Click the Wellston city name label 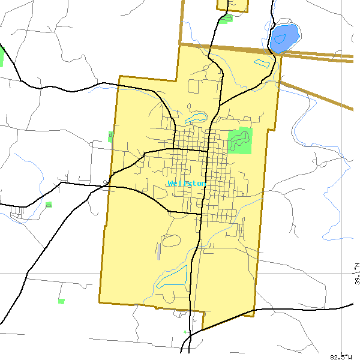(x=187, y=184)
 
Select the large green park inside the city (x=241, y=140)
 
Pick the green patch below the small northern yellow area (x=226, y=19)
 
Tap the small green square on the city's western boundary (x=111, y=136)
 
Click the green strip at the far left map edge (x=2, y=56)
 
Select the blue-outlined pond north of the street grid (x=196, y=118)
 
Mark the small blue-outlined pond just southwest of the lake (x=262, y=62)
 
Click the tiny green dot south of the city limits (x=185, y=332)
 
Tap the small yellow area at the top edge (x=233, y=5)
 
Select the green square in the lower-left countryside (x=61, y=301)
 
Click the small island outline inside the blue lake (x=280, y=39)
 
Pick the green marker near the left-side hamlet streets (x=49, y=205)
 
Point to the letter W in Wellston (x=171, y=184)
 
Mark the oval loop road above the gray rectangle (x=171, y=241)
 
